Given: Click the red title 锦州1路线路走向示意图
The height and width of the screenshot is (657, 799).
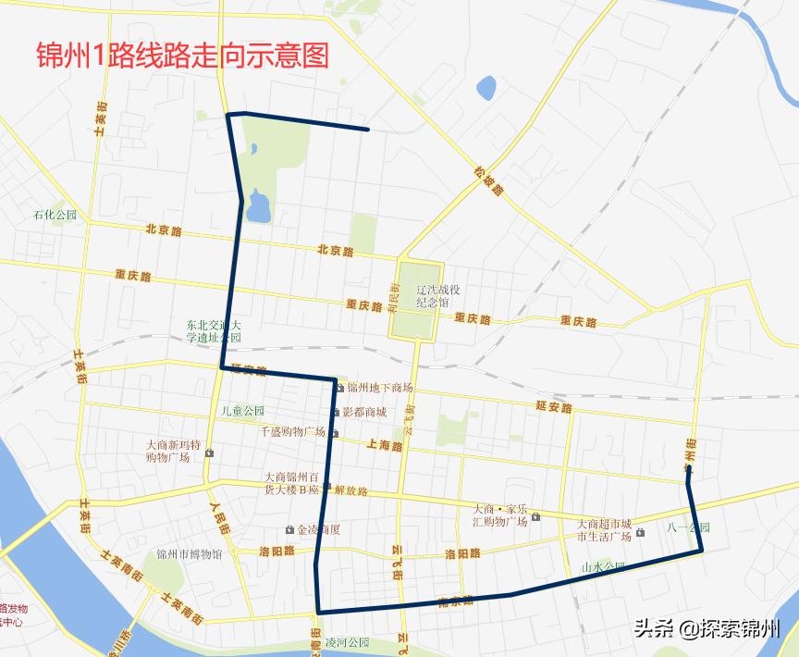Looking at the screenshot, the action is [182, 56].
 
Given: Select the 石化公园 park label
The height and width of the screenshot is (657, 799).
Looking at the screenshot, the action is [55, 215].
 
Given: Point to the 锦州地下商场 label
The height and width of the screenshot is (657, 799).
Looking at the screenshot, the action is [379, 388].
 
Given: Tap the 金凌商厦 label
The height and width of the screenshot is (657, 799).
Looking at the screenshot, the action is [318, 530].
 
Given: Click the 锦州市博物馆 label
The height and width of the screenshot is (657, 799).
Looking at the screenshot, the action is [189, 555].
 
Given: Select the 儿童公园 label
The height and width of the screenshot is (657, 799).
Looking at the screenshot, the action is [242, 411].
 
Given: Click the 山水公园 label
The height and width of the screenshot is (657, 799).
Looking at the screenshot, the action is [603, 566].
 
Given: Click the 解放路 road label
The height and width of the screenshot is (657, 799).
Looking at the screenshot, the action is [350, 491].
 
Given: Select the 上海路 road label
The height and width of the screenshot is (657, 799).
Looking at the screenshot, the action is [384, 445].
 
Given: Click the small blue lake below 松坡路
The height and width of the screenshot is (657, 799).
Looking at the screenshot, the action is [486, 89].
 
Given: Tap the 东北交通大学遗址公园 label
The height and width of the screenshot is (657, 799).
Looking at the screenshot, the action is [213, 331].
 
